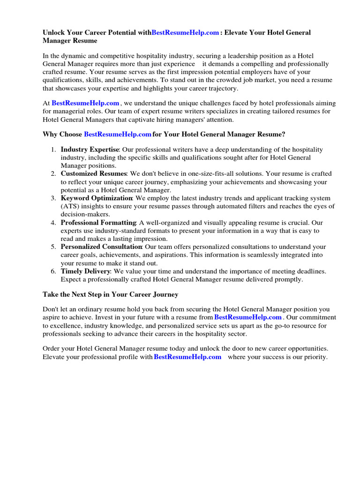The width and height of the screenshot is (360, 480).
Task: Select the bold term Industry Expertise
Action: pyautogui.click(x=90, y=150)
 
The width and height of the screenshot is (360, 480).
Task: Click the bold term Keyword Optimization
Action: pyautogui.click(x=97, y=198)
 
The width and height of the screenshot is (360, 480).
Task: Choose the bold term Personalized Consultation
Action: pyautogui.click(x=101, y=247)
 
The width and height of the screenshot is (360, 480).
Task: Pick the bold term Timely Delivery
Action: pyautogui.click(x=85, y=271)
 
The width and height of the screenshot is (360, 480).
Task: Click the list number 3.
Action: pyautogui.click(x=53, y=198)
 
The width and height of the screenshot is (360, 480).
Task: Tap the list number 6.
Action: pyautogui.click(x=53, y=271)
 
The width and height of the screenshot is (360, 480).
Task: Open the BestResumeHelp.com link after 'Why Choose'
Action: pyautogui.click(x=117, y=135)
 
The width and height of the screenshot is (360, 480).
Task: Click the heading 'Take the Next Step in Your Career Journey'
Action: pyautogui.click(x=110, y=295)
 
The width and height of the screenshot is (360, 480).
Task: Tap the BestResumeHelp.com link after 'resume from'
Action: pyautogui.click(x=247, y=317)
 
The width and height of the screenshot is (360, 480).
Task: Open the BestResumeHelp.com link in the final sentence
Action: pyautogui.click(x=187, y=357)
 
